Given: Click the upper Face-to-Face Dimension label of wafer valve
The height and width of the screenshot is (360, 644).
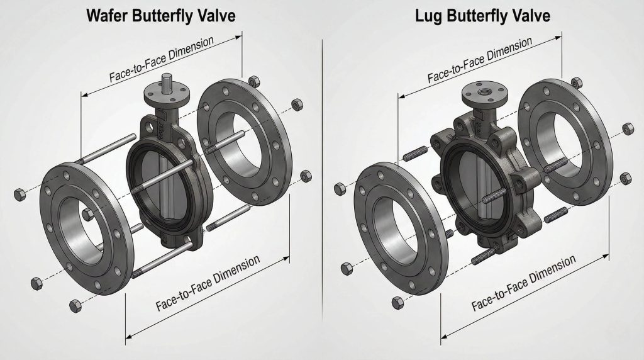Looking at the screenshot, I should (x=162, y=59).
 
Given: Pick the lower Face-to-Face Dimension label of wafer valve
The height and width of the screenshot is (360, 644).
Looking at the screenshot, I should (x=208, y=283).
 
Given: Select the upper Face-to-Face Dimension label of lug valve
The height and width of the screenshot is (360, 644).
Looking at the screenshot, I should (x=480, y=60).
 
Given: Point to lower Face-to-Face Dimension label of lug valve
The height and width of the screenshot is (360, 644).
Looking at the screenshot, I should (x=523, y=284).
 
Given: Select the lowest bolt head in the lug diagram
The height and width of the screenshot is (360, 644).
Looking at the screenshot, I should (x=396, y=303).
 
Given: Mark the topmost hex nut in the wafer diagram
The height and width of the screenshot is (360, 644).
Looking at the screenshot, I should (x=254, y=81).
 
